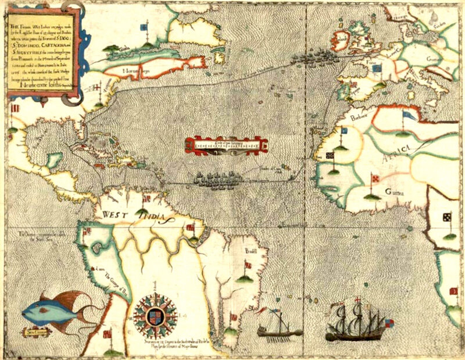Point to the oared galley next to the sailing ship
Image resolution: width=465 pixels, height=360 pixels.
[280, 329]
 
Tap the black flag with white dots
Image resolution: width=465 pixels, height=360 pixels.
[446, 218]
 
